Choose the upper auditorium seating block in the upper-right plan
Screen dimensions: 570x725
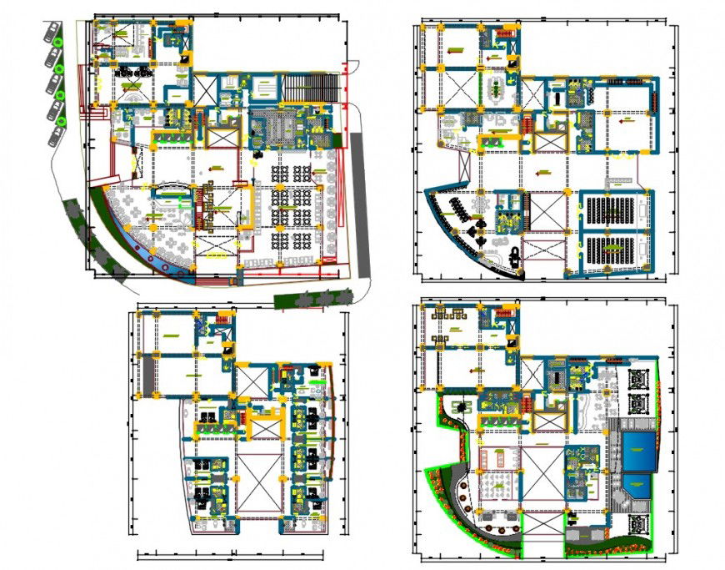(x=613, y=212)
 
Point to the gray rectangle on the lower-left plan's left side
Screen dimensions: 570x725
(x=147, y=375)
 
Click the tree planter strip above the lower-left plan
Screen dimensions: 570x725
(x=313, y=298)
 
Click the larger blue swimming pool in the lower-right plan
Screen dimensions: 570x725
(x=637, y=451)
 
